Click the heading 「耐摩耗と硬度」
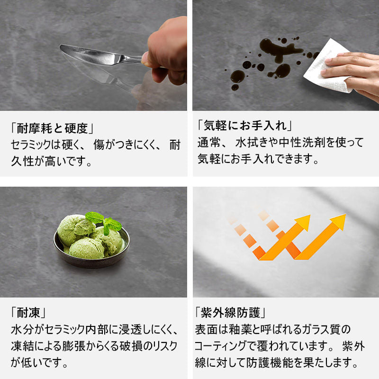(x=52, y=128)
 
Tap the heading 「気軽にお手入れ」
(x=245, y=126)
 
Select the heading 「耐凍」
(x=28, y=313)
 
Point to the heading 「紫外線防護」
(x=230, y=313)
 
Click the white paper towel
(x=326, y=66)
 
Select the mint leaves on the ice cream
(x=103, y=222)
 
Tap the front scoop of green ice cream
(x=86, y=248)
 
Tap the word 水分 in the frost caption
(x=22, y=330)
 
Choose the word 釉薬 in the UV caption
(x=241, y=329)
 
